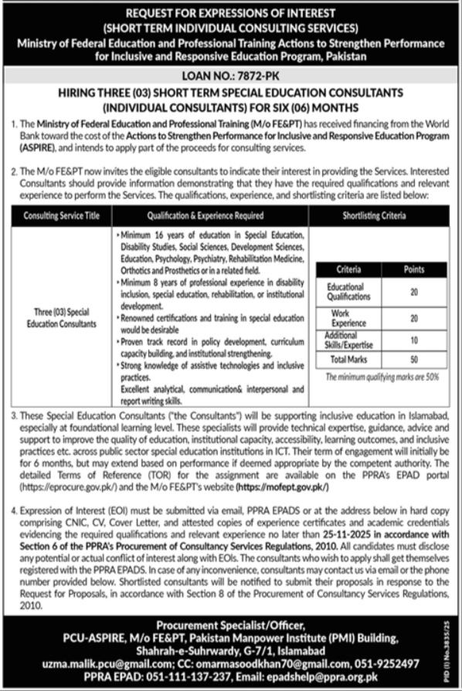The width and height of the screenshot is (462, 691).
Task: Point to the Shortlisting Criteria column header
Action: [374, 217]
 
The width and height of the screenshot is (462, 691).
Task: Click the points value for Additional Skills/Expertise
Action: [414, 340]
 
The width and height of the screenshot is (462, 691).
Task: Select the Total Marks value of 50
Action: [414, 360]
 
